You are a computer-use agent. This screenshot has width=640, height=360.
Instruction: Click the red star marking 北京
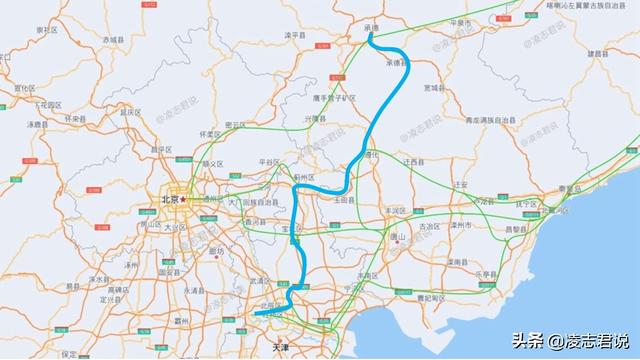[x=183, y=199]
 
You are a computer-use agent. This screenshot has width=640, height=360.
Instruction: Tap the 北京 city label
[x=168, y=199]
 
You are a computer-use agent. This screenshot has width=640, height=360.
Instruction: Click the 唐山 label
[x=399, y=237]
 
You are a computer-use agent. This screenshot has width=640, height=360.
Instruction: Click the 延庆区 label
[x=127, y=112]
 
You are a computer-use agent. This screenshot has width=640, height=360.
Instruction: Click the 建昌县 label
[x=596, y=53]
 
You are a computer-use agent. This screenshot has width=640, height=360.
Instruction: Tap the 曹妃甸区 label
[x=434, y=297]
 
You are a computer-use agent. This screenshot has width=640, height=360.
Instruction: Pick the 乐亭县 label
[x=486, y=273]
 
